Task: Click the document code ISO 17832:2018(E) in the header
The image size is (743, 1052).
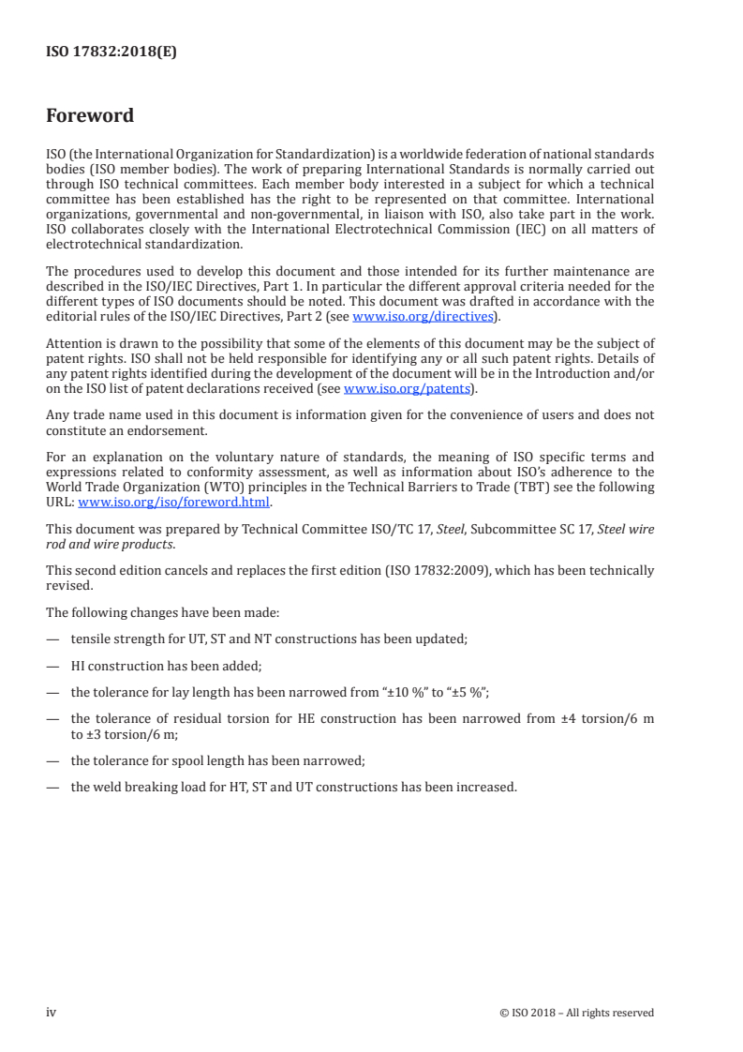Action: coord(111,53)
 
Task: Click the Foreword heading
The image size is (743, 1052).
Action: coord(90,116)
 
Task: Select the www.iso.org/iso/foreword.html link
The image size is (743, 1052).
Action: coord(173,502)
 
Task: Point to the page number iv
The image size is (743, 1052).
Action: coord(52,1012)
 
